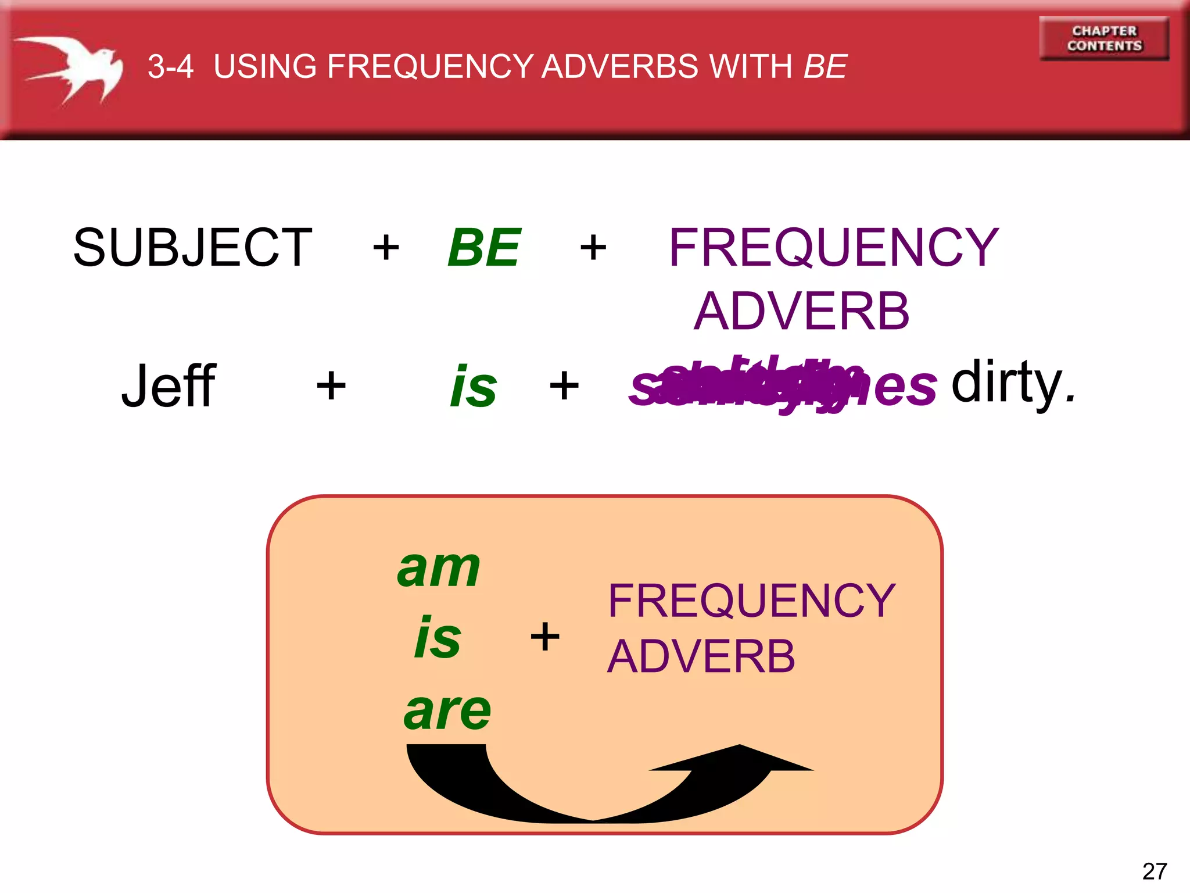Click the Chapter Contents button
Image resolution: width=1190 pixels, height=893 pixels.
pyautogui.click(x=1104, y=38)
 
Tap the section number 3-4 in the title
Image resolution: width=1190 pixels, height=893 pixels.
pyautogui.click(x=170, y=66)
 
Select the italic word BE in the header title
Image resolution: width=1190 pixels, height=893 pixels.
pyautogui.click(x=825, y=66)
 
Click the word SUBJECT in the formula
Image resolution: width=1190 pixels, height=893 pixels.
pyautogui.click(x=192, y=248)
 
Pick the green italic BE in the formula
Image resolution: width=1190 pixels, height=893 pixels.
pyautogui.click(x=484, y=248)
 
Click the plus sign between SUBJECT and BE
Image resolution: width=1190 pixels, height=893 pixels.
pyautogui.click(x=386, y=248)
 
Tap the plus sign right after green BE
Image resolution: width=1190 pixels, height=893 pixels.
pyautogui.click(x=593, y=248)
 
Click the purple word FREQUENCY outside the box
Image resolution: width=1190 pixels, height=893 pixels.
pyautogui.click(x=834, y=248)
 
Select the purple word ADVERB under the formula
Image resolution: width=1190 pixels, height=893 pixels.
pyautogui.click(x=802, y=312)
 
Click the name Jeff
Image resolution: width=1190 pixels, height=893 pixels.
pyautogui.click(x=169, y=386)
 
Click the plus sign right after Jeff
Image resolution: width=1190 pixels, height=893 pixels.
pyautogui.click(x=331, y=386)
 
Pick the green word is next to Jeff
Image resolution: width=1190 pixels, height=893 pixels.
pyautogui.click(x=474, y=386)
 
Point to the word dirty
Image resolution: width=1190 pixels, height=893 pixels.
pyautogui.click(x=1013, y=383)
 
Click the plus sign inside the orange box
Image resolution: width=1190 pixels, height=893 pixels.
pyautogui.click(x=545, y=637)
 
